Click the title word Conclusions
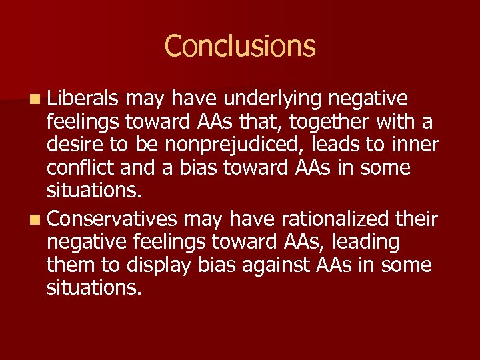(239, 46)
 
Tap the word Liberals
(83, 99)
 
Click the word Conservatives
(113, 219)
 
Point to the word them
(73, 265)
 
